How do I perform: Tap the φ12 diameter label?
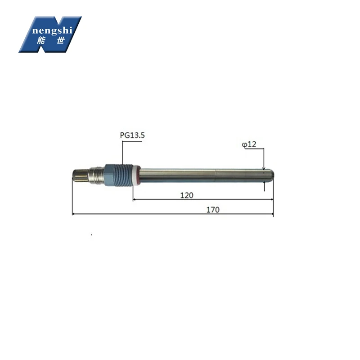249,144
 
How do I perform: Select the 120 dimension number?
186,195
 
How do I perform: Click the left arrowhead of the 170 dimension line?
74,215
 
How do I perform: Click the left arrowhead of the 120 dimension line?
135,200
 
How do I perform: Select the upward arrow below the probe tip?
264,183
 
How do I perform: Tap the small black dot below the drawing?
91,234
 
